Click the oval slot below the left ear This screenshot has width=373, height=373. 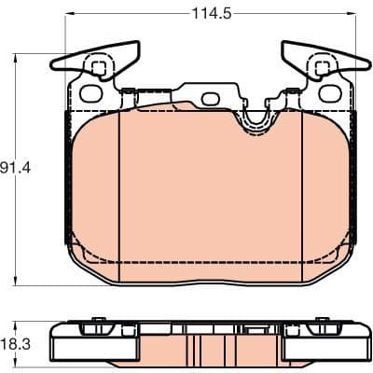[91, 95]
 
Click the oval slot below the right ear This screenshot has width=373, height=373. [329, 95]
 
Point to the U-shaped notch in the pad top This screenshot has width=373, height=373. [254, 118]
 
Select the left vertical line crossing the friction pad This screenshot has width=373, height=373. [123, 186]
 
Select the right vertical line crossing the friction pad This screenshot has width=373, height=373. [300, 186]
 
